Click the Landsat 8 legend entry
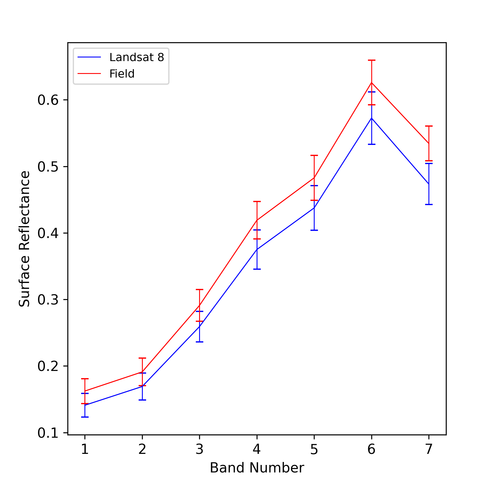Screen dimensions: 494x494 pos(121,57)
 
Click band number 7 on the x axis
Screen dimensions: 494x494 pos(429,449)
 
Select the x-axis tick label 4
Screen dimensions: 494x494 pos(257,449)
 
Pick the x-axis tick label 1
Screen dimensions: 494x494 pos(85,449)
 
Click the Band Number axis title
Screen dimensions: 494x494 pos(257,468)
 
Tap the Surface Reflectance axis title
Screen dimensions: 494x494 pos(25,239)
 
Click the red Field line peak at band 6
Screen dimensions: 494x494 pos(372,82)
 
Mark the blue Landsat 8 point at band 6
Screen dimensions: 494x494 pos(372,118)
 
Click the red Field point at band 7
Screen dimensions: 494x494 pos(429,143)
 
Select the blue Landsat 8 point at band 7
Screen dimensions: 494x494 pos(429,184)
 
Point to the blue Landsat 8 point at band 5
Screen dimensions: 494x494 pos(314,208)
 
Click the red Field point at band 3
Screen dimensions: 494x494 pos(199,305)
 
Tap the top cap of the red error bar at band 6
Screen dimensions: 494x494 pos(372,60)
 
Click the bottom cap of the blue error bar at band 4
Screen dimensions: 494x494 pos(257,269)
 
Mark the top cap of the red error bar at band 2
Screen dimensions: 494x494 pos(142,358)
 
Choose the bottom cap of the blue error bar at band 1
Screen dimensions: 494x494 pos(85,417)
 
